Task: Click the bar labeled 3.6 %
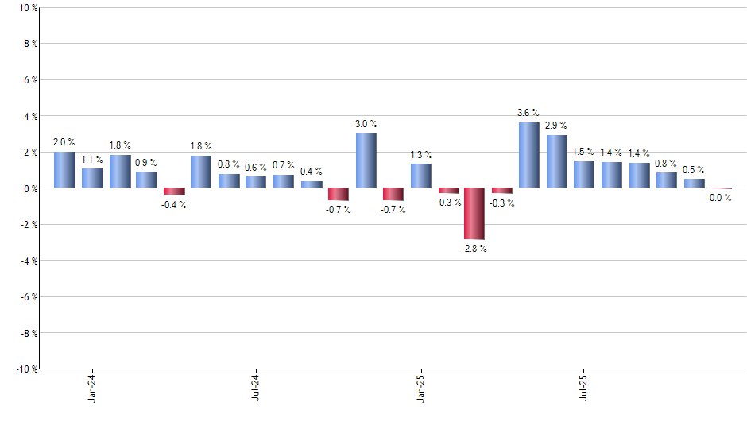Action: (x=529, y=155)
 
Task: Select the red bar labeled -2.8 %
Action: (x=474, y=214)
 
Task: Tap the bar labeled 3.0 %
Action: (x=366, y=160)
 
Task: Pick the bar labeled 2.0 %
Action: (x=64, y=170)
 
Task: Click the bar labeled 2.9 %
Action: (x=556, y=161)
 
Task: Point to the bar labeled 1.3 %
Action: (x=420, y=176)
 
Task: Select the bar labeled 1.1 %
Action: (x=92, y=178)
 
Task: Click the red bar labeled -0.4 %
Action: (x=174, y=191)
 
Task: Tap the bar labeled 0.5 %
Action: (x=694, y=184)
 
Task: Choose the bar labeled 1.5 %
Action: (x=584, y=175)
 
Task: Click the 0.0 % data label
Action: (x=720, y=199)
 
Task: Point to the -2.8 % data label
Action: (x=474, y=249)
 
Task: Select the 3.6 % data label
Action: (x=528, y=113)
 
